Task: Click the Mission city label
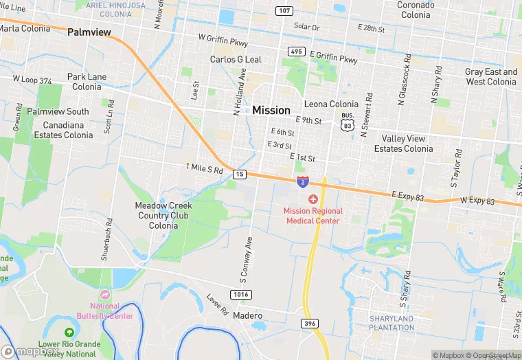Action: pos(271,110)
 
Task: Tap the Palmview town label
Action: pos(89,32)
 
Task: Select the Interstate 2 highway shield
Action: pos(303,181)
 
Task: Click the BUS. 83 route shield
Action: pos(348,122)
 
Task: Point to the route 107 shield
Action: pos(284,11)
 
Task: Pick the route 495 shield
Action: pos(297,52)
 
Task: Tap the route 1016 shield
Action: pos(240,294)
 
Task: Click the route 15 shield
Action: pos(239,174)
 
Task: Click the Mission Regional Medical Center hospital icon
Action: pos(313,199)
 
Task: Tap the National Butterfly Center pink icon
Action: pos(105,294)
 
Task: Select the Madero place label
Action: pos(248,315)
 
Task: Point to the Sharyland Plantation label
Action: pos(391,323)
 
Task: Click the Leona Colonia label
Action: pos(331,104)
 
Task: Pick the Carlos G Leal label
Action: pos(236,60)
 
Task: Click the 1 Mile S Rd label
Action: pos(205,168)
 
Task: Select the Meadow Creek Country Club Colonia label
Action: pos(163,215)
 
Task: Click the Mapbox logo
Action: pos(31,351)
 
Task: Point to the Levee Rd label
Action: pos(217,304)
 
